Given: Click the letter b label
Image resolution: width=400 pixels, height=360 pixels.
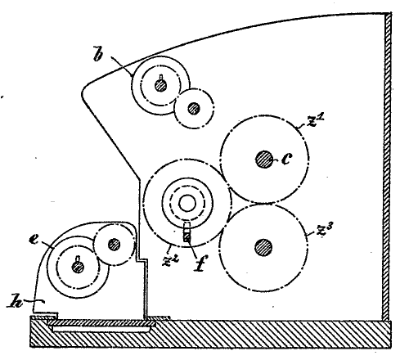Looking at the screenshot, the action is tap(98, 55).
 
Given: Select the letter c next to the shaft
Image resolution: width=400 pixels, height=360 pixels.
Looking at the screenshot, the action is tap(286, 159).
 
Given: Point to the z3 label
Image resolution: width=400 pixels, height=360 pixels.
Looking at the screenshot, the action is tap(324, 230).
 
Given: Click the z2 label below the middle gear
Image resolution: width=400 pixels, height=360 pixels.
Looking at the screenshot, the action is tap(170, 260).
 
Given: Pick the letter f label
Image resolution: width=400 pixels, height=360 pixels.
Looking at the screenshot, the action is tap(201, 263).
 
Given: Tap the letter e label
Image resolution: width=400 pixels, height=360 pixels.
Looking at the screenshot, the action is tap(34, 240).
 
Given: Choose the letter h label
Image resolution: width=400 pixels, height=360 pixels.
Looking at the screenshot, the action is tap(15, 301).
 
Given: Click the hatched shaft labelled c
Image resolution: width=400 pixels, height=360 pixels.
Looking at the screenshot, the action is tap(264, 159).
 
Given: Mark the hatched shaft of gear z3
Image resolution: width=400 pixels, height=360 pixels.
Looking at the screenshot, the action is tap(263, 248).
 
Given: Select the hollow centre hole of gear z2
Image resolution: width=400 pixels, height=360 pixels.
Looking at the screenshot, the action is tap(187, 204).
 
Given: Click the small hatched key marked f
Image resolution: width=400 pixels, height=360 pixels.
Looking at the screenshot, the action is tap(187, 235).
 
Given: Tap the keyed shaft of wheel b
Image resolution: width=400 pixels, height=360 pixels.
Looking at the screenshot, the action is tap(160, 85).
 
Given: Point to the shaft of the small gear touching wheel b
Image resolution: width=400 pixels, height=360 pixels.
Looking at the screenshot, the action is tap(194, 108).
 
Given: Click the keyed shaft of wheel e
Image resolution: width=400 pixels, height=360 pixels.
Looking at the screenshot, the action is tap(78, 267).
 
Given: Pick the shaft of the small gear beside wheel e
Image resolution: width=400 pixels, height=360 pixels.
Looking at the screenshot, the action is tap(114, 245).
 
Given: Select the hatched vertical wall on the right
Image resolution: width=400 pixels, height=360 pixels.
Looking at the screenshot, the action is tap(388, 167).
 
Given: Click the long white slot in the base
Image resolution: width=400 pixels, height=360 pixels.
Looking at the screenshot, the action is tap(101, 329).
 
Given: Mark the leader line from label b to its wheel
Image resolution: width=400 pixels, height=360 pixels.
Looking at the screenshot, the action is tap(122, 65).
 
